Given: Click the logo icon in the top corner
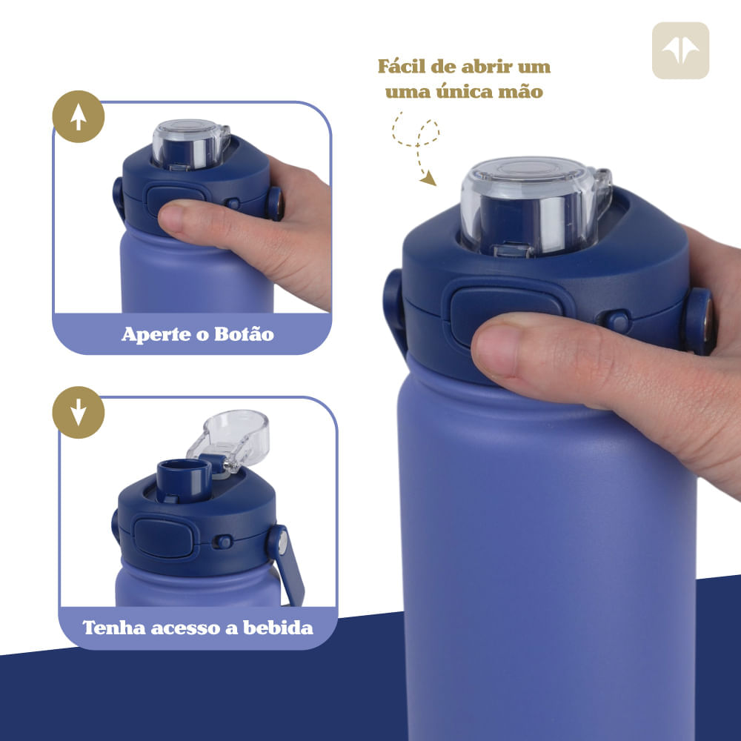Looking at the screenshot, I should point(680,50).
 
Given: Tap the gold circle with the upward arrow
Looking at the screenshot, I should point(78,116).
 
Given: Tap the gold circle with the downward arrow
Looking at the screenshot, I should point(78,412).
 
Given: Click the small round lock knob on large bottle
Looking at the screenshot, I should point(617,321).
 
